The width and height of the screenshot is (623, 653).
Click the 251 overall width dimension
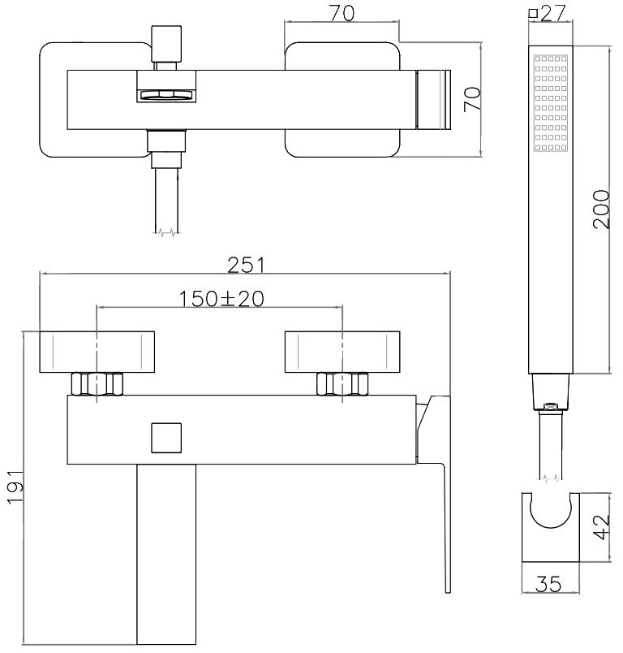coord(246,265)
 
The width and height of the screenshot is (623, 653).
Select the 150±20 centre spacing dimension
coord(221,299)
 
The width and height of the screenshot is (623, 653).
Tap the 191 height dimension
coord(16,487)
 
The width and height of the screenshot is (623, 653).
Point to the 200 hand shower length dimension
coord(601,209)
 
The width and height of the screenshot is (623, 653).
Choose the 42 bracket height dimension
coord(601,527)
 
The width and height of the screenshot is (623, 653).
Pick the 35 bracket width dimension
coord(548,584)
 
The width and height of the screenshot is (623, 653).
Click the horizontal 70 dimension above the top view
coord(342,13)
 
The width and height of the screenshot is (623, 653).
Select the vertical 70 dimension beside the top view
coord(472,99)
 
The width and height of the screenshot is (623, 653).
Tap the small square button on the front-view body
coord(166,438)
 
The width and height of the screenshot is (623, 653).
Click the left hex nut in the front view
coord(97,384)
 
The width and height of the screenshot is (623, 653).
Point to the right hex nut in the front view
coord(342,384)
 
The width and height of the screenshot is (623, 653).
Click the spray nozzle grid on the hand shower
coord(551,102)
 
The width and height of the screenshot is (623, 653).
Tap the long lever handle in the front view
coord(436,491)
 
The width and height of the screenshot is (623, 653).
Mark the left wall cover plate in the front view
coord(97,352)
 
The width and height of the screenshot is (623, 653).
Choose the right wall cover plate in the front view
coord(342,352)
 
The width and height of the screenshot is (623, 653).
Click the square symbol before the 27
coord(533,13)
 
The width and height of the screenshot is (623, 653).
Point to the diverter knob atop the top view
coord(166,43)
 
